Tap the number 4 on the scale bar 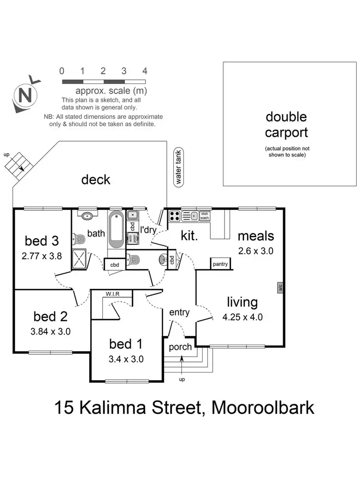[144, 71]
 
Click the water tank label [179, 166]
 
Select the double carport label [287, 124]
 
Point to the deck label [96, 180]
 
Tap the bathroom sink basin [87, 216]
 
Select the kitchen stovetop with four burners [175, 216]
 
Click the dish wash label [205, 216]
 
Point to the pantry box [221, 264]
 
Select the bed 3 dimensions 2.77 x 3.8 [42, 256]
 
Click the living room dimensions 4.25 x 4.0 [242, 317]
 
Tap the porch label [180, 347]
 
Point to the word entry [180, 312]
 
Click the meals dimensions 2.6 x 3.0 [256, 251]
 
